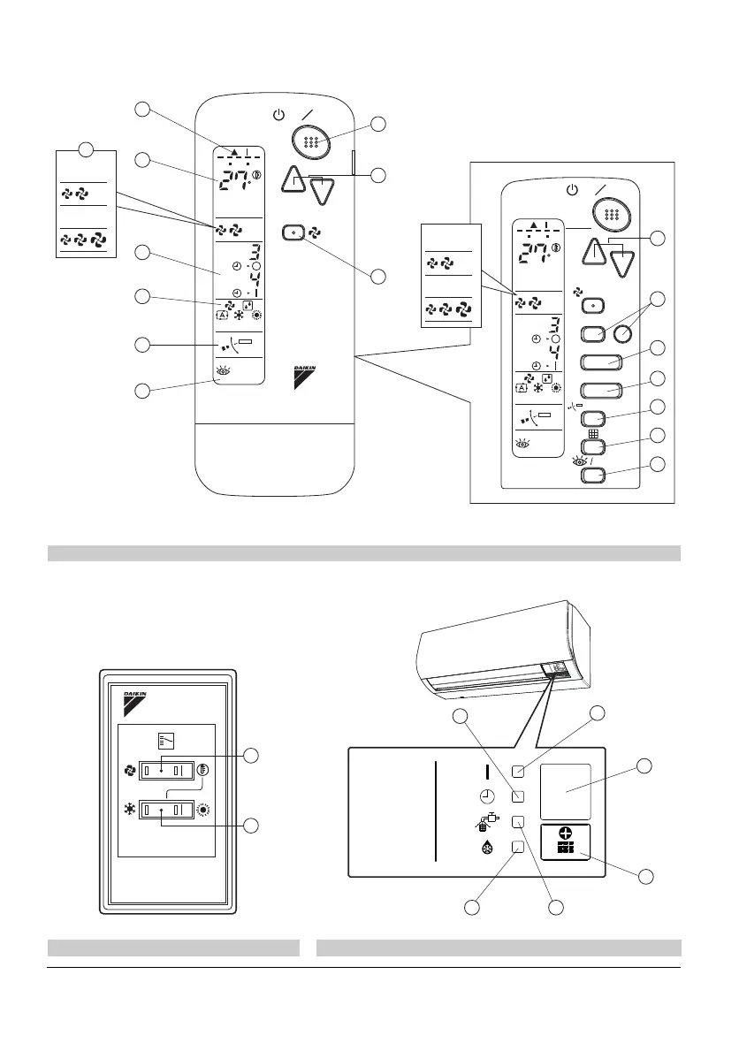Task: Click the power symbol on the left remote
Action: (279, 116)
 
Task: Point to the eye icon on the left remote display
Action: (223, 373)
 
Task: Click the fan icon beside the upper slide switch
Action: (130, 769)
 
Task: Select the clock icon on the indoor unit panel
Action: (487, 794)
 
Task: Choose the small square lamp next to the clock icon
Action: (519, 795)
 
